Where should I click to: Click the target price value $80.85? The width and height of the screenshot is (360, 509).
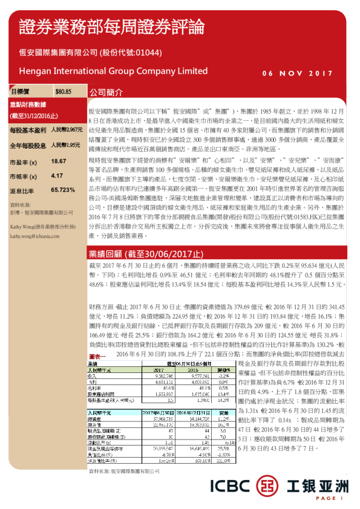coord(63,92)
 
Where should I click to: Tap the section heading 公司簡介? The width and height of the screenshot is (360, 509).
coord(106,93)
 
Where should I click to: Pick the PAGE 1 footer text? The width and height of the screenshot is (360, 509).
coord(330,498)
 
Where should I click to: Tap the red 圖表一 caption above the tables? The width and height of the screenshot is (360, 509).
coord(98,357)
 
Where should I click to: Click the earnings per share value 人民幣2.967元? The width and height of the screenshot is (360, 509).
coord(66,130)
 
